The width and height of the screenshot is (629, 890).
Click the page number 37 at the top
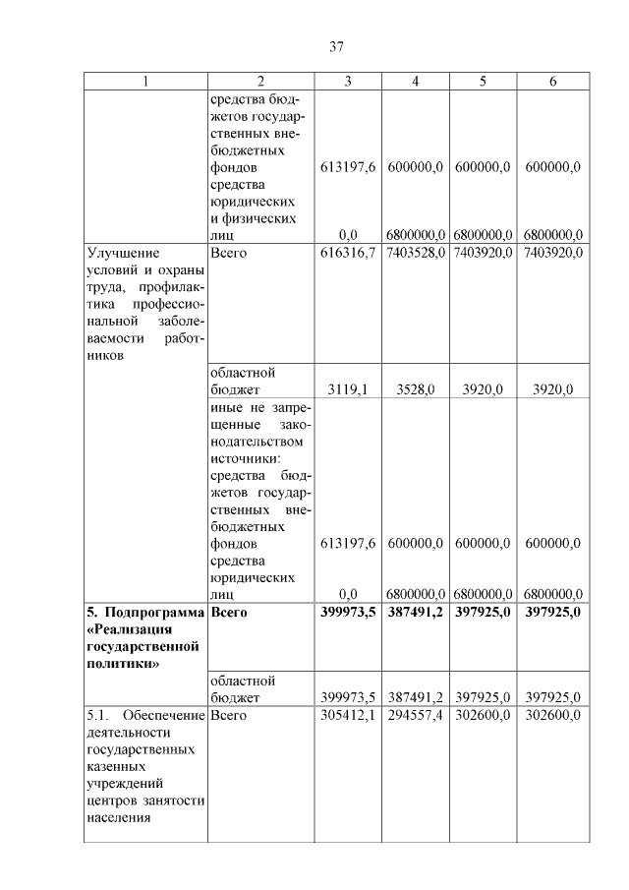pyautogui.click(x=334, y=46)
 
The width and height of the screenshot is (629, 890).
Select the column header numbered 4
pyautogui.click(x=416, y=82)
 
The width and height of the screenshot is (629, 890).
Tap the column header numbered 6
pyautogui.click(x=552, y=82)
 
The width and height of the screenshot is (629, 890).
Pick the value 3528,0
pyautogui.click(x=416, y=389)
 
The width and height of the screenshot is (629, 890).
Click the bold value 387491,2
pyautogui.click(x=416, y=612)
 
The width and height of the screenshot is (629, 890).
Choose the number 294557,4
pyautogui.click(x=416, y=715)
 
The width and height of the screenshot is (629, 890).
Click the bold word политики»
pyautogui.click(x=119, y=664)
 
